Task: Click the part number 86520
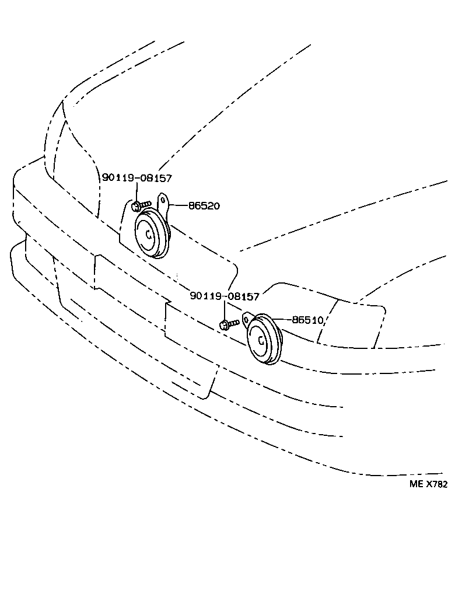[x=204, y=205]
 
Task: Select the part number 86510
[x=307, y=320]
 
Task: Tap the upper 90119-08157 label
[x=137, y=178]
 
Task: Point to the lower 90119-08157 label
[x=225, y=296]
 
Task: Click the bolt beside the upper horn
[x=141, y=205]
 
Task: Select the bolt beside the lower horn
[x=229, y=323]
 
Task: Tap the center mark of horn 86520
[x=149, y=235]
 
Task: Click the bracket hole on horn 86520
[x=164, y=202]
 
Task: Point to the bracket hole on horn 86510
[x=246, y=320]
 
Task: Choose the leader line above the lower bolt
[x=225, y=310]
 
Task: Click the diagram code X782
[x=436, y=484]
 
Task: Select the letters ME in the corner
[x=415, y=484]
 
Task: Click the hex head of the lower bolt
[x=224, y=324]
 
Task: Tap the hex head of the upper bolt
[x=135, y=205]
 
